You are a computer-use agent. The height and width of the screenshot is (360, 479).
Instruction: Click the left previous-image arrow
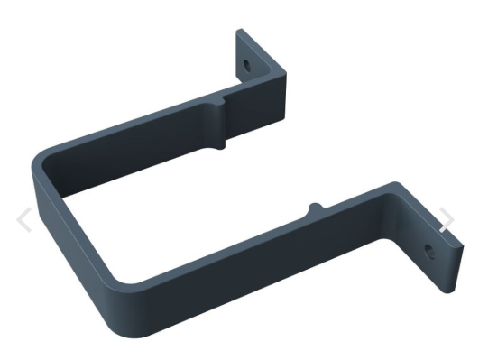pyautogui.click(x=25, y=219)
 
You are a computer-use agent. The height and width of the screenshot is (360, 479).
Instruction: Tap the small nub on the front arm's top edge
pyautogui.click(x=313, y=208)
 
